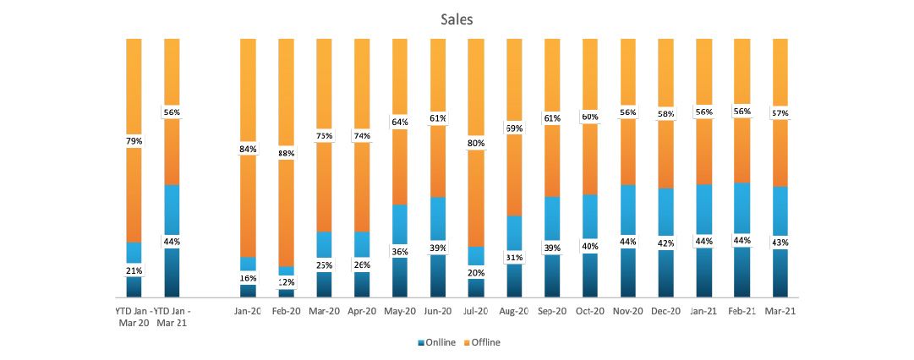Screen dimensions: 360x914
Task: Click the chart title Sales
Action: pyautogui.click(x=456, y=19)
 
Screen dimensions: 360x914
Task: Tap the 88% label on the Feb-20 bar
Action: pyautogui.click(x=286, y=153)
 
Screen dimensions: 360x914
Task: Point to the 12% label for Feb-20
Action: pyautogui.click(x=286, y=281)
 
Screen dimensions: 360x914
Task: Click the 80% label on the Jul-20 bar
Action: pyautogui.click(x=476, y=144)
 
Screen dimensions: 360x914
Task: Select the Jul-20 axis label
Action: pyautogui.click(x=476, y=311)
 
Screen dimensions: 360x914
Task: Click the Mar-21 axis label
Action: pyautogui.click(x=780, y=311)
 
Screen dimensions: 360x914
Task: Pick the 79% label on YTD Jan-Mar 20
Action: pyautogui.click(x=134, y=141)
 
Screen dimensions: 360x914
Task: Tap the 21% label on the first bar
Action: pyautogui.click(x=134, y=270)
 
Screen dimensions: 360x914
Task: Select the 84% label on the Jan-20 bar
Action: pyautogui.click(x=248, y=150)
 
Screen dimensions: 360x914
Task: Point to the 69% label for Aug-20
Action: pyautogui.click(x=514, y=128)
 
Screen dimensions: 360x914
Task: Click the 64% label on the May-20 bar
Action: pyautogui.click(x=400, y=122)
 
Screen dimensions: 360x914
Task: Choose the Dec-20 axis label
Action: pyautogui.click(x=666, y=311)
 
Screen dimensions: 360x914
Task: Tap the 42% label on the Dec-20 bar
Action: pyautogui.click(x=666, y=243)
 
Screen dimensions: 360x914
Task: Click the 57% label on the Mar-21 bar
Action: pyautogui.click(x=780, y=113)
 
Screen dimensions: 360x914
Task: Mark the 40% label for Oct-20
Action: pyautogui.click(x=590, y=247)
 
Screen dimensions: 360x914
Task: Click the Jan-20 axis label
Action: pyautogui.click(x=248, y=311)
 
